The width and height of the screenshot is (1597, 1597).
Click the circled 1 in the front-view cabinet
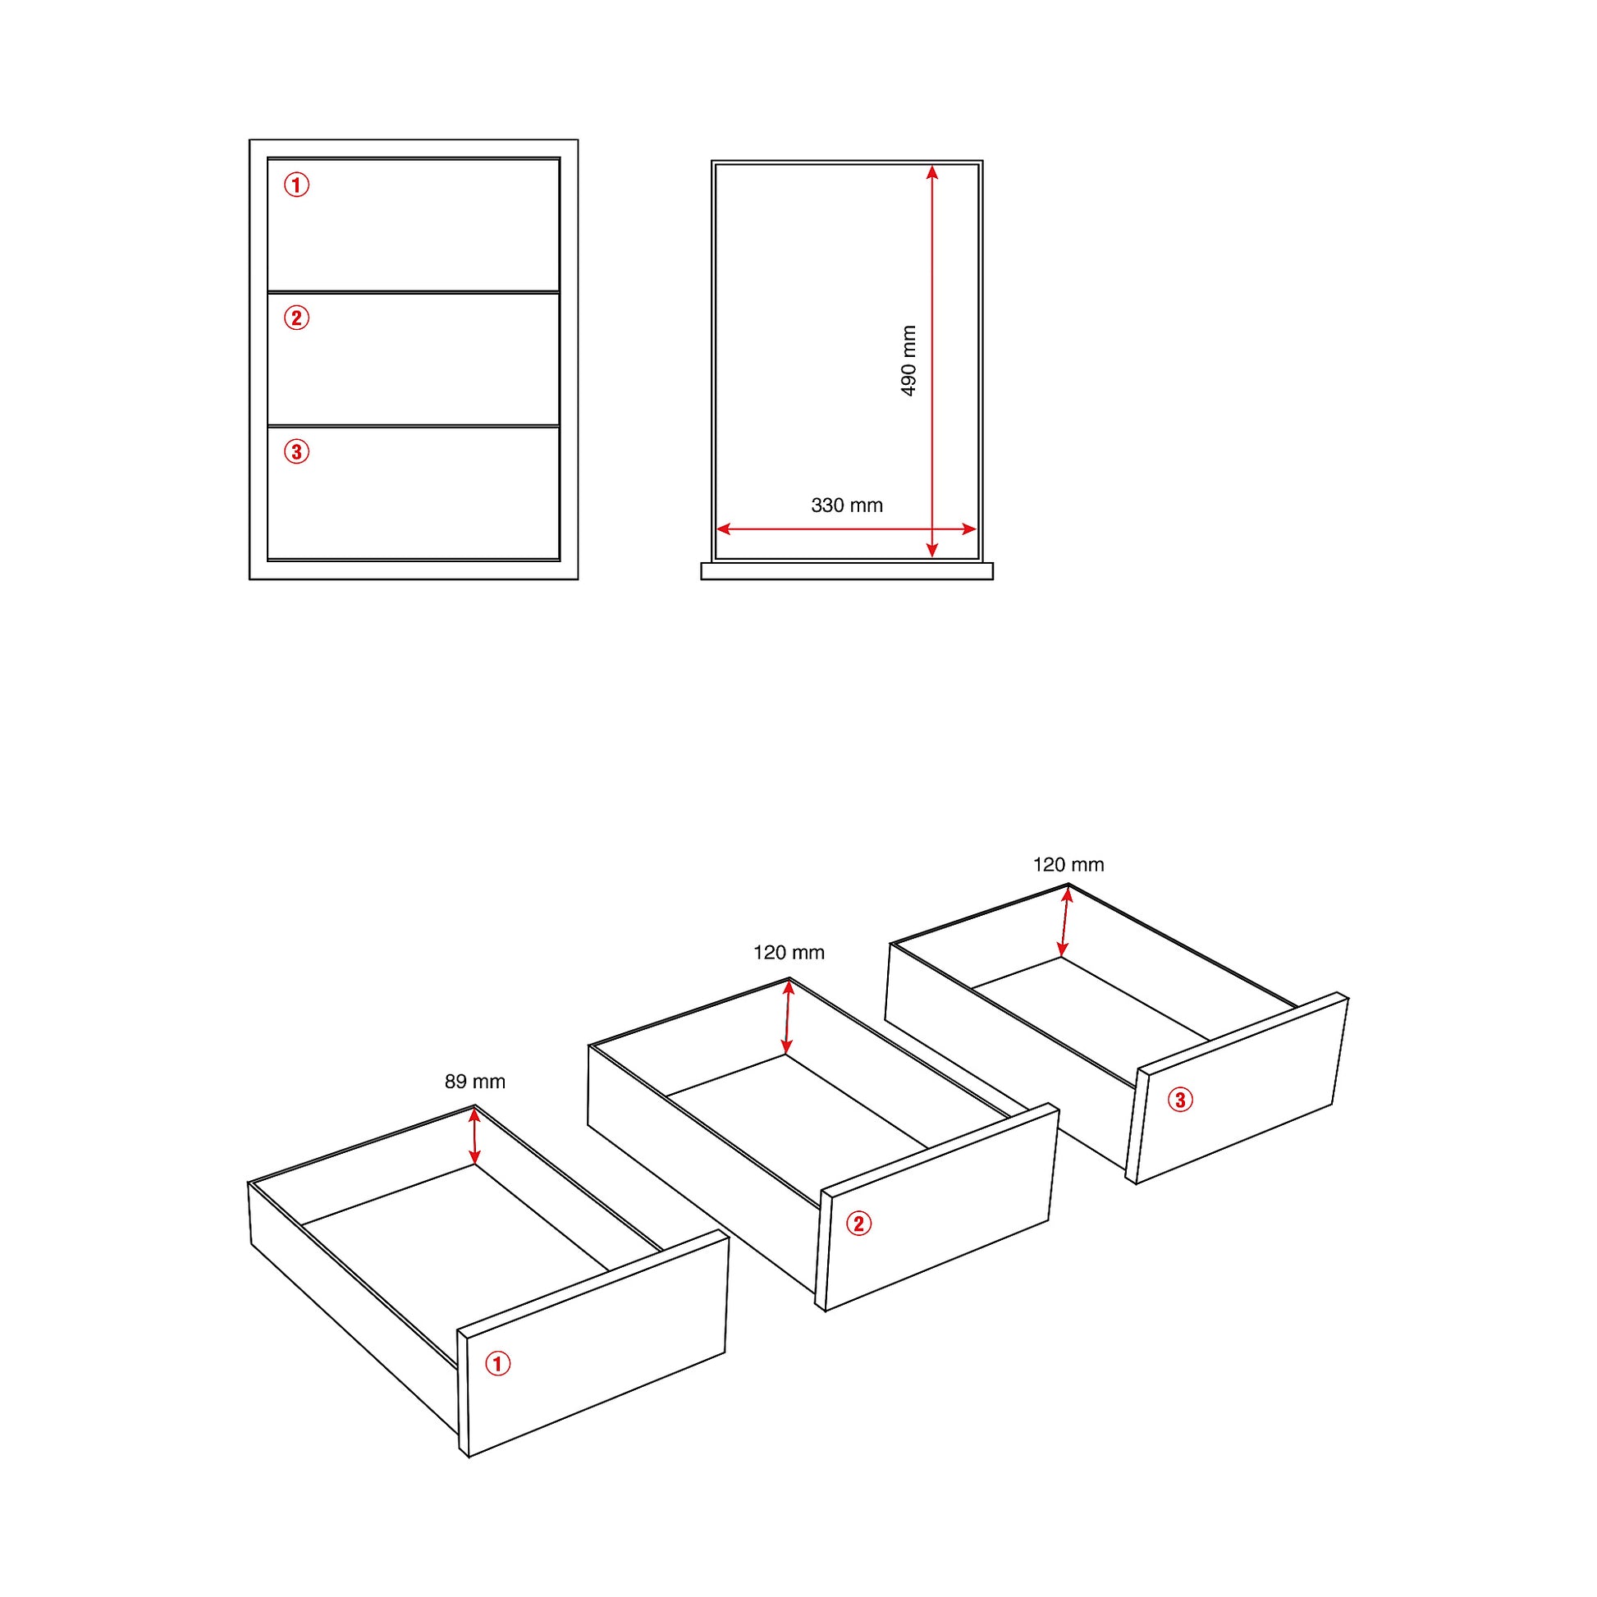click(x=297, y=185)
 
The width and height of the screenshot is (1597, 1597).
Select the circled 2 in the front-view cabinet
click(x=297, y=318)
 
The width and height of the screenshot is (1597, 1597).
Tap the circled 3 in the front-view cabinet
click(x=297, y=451)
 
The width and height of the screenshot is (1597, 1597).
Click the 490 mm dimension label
click(x=908, y=360)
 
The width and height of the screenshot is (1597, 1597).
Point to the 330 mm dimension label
click(x=846, y=505)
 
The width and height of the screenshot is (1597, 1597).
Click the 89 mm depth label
click(x=474, y=1081)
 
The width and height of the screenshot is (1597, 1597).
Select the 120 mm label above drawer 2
click(x=789, y=952)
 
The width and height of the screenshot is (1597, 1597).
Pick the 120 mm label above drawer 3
click(x=1068, y=865)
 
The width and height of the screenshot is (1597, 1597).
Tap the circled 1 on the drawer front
click(x=497, y=1363)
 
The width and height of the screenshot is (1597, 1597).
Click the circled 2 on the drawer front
click(x=859, y=1224)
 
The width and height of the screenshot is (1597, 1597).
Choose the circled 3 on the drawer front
click(x=1180, y=1100)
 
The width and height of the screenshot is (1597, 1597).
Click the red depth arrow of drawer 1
click(x=474, y=1136)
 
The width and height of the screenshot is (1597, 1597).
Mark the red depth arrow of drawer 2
click(x=788, y=1017)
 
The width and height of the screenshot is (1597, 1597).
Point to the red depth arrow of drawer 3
click(x=1064, y=922)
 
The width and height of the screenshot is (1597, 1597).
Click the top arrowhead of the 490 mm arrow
click(x=932, y=171)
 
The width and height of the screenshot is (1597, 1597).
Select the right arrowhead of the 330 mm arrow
click(x=970, y=529)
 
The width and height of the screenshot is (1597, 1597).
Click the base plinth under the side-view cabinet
click(x=846, y=571)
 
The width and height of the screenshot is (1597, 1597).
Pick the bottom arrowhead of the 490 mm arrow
click(x=932, y=550)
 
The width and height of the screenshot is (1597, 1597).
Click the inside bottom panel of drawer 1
click(x=463, y=1224)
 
